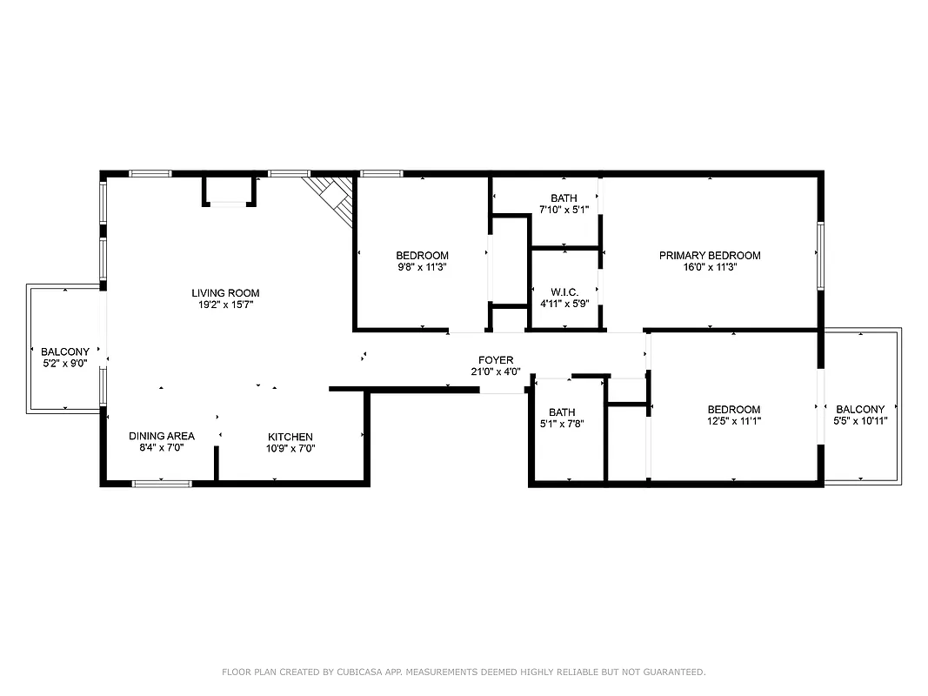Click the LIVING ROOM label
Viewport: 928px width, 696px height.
pyautogui.click(x=225, y=293)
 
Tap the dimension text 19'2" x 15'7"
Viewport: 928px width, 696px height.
pyautogui.click(x=225, y=305)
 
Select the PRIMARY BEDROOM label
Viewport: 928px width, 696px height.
pyautogui.click(x=710, y=256)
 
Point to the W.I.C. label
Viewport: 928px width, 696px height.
pyautogui.click(x=564, y=291)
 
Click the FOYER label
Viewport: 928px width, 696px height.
pyautogui.click(x=496, y=360)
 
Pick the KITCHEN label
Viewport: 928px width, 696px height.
pyautogui.click(x=290, y=437)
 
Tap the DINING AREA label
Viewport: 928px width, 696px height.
pyautogui.click(x=162, y=436)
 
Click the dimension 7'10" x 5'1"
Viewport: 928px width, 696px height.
pyautogui.click(x=564, y=210)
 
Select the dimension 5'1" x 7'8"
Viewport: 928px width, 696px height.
pyautogui.click(x=562, y=425)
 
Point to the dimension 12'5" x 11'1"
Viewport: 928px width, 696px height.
pyautogui.click(x=734, y=421)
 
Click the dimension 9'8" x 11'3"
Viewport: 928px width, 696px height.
pyautogui.click(x=422, y=268)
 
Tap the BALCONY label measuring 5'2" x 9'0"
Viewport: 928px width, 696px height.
pyautogui.click(x=65, y=352)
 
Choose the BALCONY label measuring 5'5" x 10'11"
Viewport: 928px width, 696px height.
pyautogui.click(x=860, y=410)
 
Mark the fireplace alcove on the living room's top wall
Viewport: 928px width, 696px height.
pyautogui.click(x=230, y=191)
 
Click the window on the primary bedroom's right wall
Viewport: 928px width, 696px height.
pyautogui.click(x=819, y=256)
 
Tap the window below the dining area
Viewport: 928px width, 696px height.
pyautogui.click(x=162, y=482)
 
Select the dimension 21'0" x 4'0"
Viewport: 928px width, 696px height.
pyautogui.click(x=496, y=372)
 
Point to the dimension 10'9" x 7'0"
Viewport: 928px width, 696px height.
pyautogui.click(x=290, y=449)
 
